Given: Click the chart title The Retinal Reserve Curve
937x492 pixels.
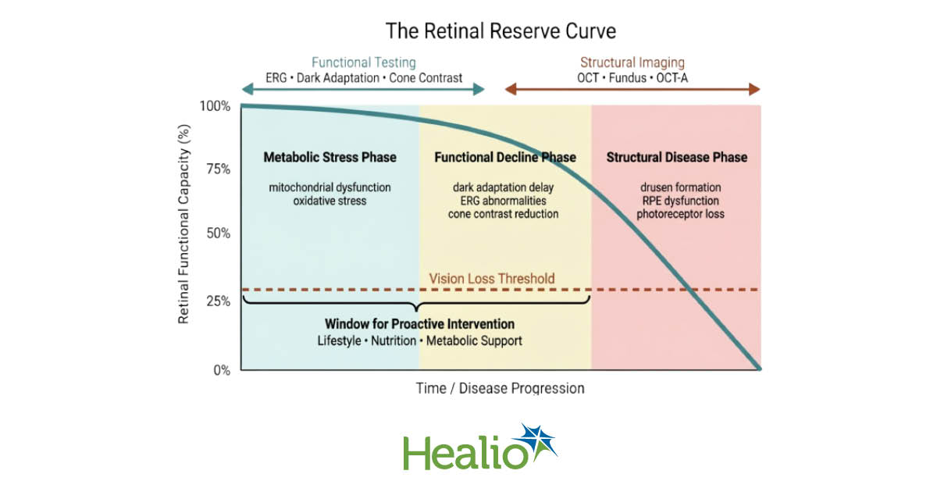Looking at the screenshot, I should (x=501, y=31).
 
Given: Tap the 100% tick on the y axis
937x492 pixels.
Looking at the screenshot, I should (x=215, y=105).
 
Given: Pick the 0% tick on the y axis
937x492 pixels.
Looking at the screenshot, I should (x=221, y=369).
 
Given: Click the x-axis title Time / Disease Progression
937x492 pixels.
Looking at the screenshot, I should (x=500, y=387).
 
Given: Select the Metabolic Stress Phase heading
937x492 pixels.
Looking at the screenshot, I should (x=330, y=157).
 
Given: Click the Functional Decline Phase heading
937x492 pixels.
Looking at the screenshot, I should (x=504, y=157).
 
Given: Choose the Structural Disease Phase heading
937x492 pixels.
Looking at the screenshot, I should (x=676, y=157).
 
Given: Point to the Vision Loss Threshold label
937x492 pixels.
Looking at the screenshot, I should (x=492, y=278).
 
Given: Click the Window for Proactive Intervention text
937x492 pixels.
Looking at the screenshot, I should (x=419, y=323).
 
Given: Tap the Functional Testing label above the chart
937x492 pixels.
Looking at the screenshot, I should (x=364, y=62).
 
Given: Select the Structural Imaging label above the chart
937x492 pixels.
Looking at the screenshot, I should (x=632, y=62).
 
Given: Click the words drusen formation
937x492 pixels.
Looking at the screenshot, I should (x=676, y=187).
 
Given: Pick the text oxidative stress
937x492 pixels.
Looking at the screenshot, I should (x=330, y=201).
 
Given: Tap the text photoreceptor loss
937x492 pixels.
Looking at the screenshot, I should (x=676, y=213).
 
